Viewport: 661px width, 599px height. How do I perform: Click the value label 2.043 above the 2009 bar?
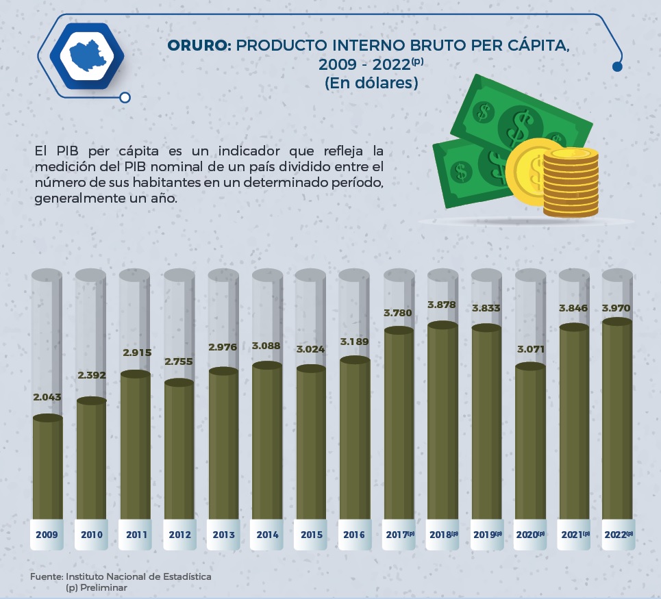click(x=47, y=397)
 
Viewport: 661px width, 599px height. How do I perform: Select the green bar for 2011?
click(x=136, y=445)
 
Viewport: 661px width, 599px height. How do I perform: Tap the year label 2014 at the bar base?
click(x=267, y=535)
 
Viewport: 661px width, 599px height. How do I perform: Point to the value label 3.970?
click(x=616, y=308)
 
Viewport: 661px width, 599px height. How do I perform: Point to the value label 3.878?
click(x=442, y=304)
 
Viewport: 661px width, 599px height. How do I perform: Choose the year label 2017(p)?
click(x=399, y=535)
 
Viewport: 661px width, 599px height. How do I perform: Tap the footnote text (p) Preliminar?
click(x=97, y=587)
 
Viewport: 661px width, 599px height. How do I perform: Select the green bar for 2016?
click(x=355, y=438)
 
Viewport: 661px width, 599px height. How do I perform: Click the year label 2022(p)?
click(x=618, y=535)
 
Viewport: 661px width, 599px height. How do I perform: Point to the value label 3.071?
click(x=529, y=349)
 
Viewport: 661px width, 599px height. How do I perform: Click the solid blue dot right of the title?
click(x=617, y=66)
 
